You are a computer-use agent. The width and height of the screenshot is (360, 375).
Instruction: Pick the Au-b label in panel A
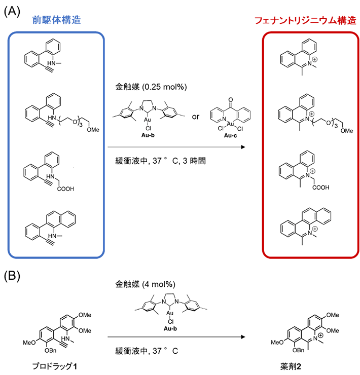pyautogui.click(x=146, y=137)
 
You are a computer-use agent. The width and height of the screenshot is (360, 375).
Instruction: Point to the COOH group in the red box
pyautogui.click(x=320, y=187)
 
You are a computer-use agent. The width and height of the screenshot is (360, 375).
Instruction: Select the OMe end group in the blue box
pyautogui.click(x=92, y=130)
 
